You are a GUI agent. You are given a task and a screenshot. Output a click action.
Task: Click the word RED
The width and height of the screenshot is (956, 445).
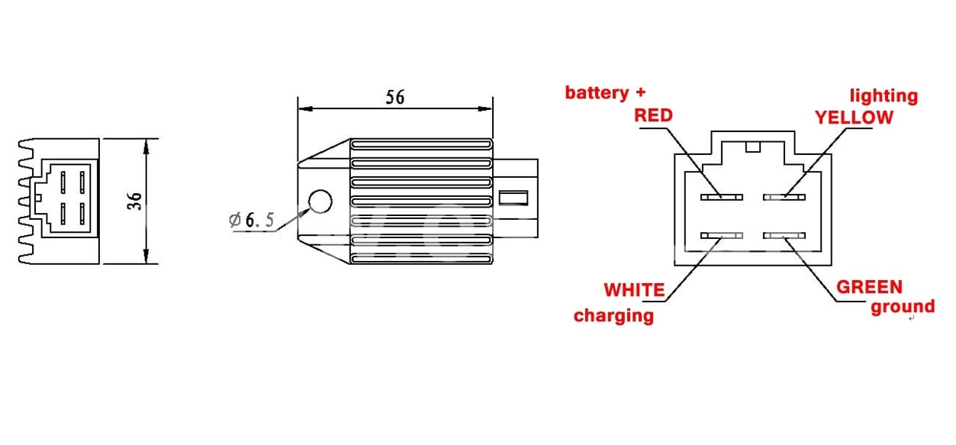click(654, 115)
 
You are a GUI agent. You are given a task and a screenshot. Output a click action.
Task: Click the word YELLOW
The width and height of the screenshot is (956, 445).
click(853, 118)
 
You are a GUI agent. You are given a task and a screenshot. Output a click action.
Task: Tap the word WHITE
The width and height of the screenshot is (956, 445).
click(634, 290)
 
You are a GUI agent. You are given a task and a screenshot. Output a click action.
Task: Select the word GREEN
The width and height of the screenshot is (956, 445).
click(869, 287)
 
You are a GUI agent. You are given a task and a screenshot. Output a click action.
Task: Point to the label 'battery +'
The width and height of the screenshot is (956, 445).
click(605, 92)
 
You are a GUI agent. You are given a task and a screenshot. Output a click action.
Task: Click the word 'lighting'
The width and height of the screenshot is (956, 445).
click(884, 95)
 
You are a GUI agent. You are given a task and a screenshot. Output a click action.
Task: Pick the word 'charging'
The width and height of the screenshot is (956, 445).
click(613, 315)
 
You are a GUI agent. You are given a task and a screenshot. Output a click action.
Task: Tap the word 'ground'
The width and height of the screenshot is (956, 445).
click(903, 307)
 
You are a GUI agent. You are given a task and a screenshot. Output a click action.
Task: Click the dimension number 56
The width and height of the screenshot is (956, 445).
click(394, 98)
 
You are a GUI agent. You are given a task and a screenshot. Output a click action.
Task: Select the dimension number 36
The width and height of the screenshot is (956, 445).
click(134, 202)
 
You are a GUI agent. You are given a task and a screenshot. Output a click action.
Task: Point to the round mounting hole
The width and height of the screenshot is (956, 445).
click(320, 202)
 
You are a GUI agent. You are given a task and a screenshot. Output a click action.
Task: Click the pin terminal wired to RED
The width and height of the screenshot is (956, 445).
click(722, 197)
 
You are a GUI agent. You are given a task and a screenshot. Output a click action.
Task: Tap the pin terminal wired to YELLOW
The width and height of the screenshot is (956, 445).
click(784, 197)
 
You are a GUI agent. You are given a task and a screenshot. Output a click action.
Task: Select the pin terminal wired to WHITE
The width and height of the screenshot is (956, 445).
click(722, 236)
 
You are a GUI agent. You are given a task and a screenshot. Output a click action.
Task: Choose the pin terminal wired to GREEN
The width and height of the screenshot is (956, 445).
click(784, 236)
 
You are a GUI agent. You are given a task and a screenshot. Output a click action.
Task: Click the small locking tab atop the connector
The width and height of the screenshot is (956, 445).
click(753, 147)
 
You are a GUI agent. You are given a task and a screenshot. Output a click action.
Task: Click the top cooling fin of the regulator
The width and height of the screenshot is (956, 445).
click(420, 143)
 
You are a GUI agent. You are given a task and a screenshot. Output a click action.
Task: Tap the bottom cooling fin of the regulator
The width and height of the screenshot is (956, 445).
click(420, 260)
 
